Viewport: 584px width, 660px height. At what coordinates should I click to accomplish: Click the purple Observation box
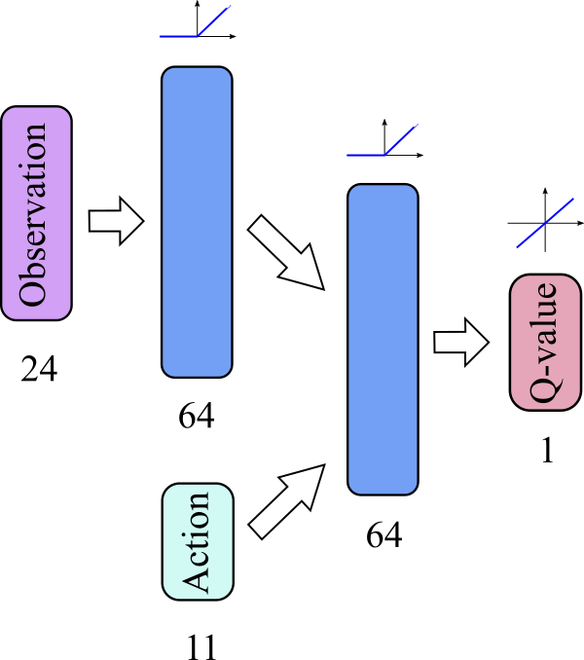tap(36, 213)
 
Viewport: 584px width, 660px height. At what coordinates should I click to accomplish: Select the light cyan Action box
tap(198, 541)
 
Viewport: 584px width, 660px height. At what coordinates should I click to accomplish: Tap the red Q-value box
tap(545, 343)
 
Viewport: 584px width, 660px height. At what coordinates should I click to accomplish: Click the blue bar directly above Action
tap(197, 222)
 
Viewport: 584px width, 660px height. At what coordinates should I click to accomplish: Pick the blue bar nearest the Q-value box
tap(383, 339)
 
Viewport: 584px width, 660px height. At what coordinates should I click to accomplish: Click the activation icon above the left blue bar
tap(196, 23)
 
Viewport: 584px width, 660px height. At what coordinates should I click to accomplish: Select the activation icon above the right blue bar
tap(383, 141)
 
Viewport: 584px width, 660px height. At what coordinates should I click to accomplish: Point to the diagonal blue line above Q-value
tap(545, 223)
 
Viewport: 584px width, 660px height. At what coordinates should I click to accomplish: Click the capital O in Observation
tap(34, 292)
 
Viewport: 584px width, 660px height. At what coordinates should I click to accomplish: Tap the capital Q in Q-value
tap(546, 390)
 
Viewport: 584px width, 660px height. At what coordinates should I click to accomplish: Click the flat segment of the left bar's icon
tap(179, 37)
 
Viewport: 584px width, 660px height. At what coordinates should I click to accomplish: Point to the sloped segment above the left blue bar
tap(214, 20)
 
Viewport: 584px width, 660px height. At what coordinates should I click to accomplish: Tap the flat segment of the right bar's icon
tap(366, 155)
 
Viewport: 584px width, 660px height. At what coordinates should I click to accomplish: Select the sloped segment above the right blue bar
tap(401, 139)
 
